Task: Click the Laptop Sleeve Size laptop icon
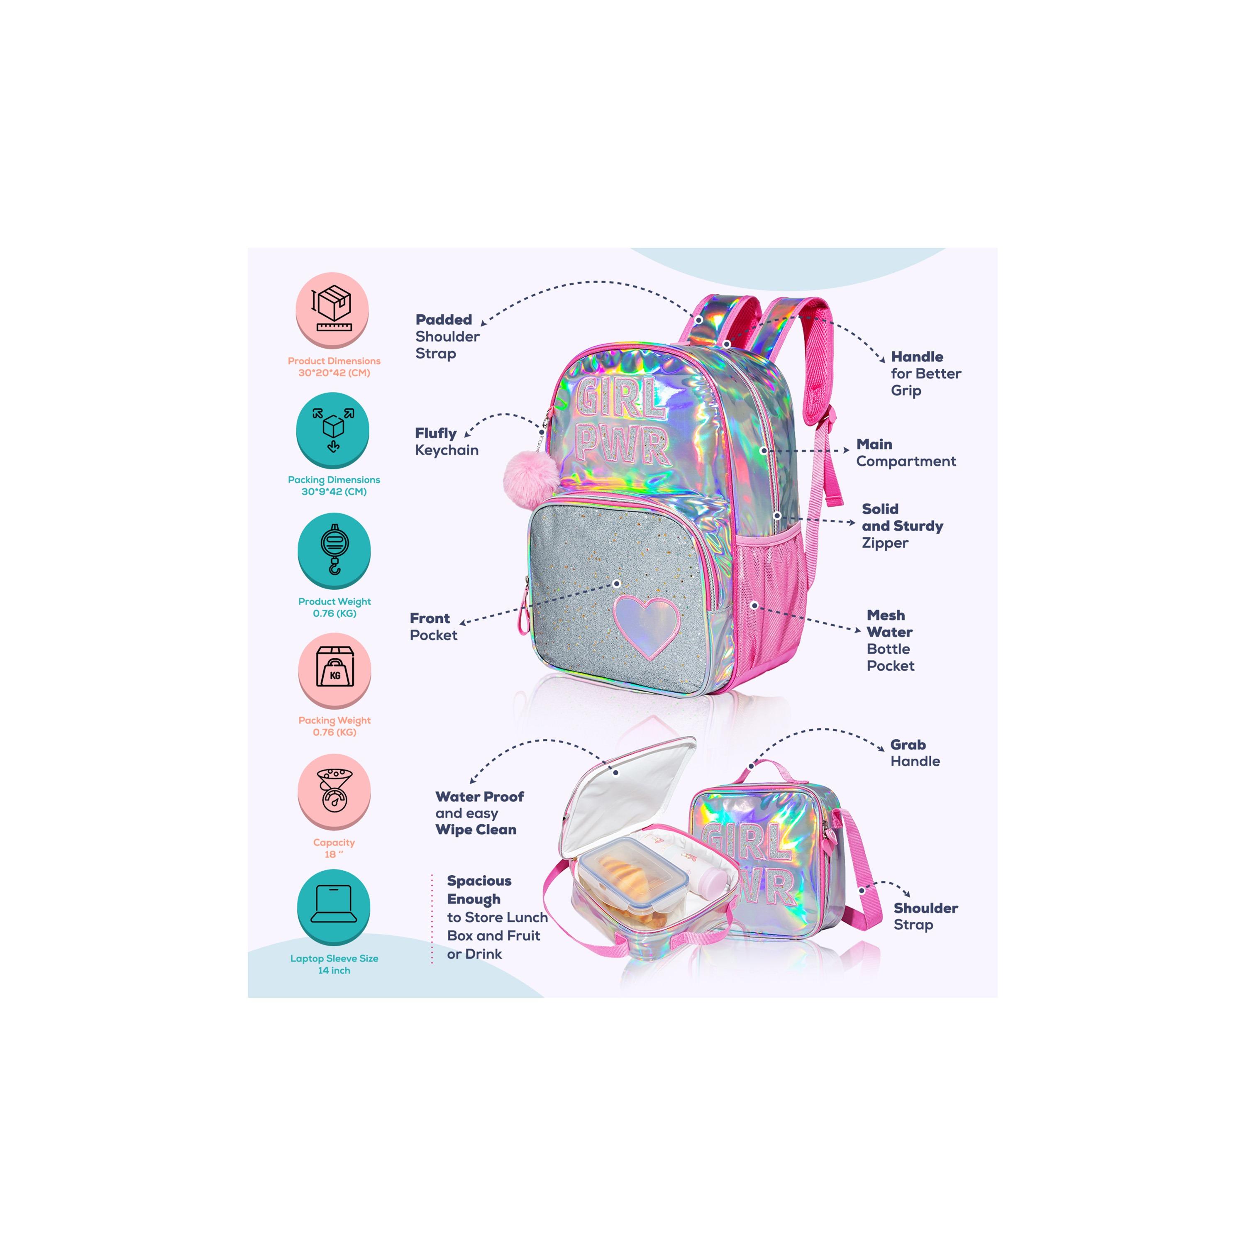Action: (x=334, y=905)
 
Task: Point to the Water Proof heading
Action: (x=479, y=796)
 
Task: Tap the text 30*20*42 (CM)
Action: (x=334, y=373)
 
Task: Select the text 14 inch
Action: (x=334, y=971)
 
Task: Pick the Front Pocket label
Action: (x=434, y=626)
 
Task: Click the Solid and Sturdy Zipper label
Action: (x=902, y=526)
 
